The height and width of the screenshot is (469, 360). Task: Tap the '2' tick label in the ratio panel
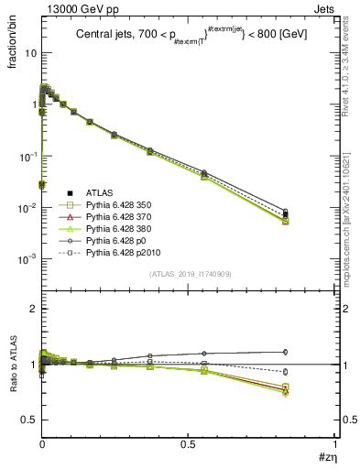coord(32,310)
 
